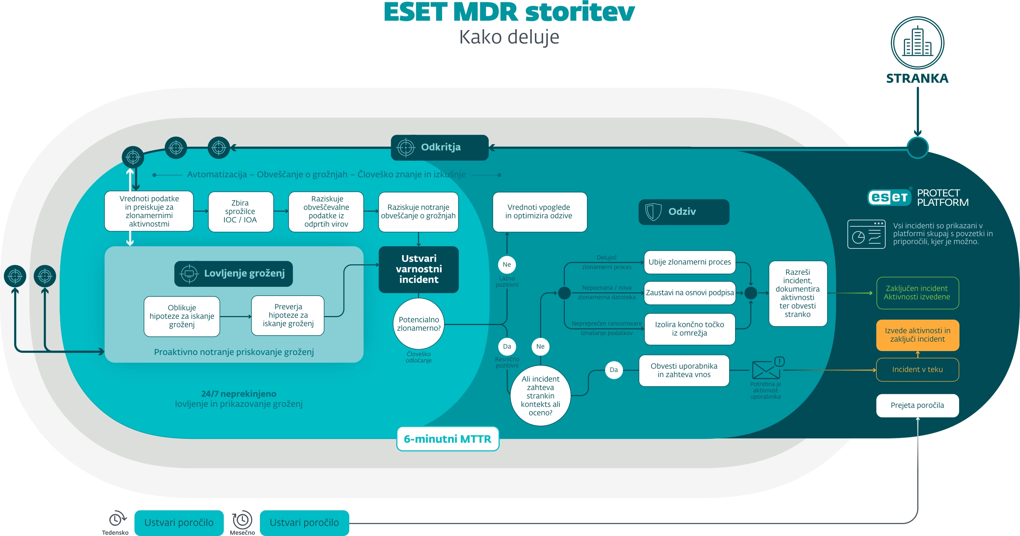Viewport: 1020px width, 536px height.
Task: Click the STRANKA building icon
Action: (917, 43)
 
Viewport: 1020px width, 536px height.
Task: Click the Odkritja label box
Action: (440, 147)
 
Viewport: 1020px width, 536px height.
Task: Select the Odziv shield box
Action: (683, 212)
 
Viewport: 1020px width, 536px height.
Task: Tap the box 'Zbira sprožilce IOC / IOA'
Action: (240, 212)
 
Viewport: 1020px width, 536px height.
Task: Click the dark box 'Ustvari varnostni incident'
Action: (418, 269)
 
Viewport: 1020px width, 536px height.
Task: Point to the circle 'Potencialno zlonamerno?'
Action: (418, 324)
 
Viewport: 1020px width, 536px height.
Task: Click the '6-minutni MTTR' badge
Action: (448, 438)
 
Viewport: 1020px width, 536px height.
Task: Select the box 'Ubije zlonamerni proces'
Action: (689, 262)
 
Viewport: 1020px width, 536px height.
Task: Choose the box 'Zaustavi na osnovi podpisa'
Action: (689, 293)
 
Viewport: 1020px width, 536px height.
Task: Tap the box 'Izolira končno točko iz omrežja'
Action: (689, 329)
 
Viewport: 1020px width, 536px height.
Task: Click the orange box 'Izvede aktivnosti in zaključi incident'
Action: (917, 335)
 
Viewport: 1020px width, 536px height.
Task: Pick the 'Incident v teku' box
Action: (917, 369)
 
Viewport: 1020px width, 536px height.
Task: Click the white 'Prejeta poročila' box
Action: (917, 405)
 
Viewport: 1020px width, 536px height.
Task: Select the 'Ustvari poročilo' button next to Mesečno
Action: (304, 523)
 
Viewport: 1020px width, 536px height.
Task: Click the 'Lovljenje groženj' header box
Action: (233, 274)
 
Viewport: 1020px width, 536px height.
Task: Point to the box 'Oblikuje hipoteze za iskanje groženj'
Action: (182, 316)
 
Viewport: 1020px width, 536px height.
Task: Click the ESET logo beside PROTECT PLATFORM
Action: (889, 197)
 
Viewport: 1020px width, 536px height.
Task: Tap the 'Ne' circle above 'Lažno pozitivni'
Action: (506, 264)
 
